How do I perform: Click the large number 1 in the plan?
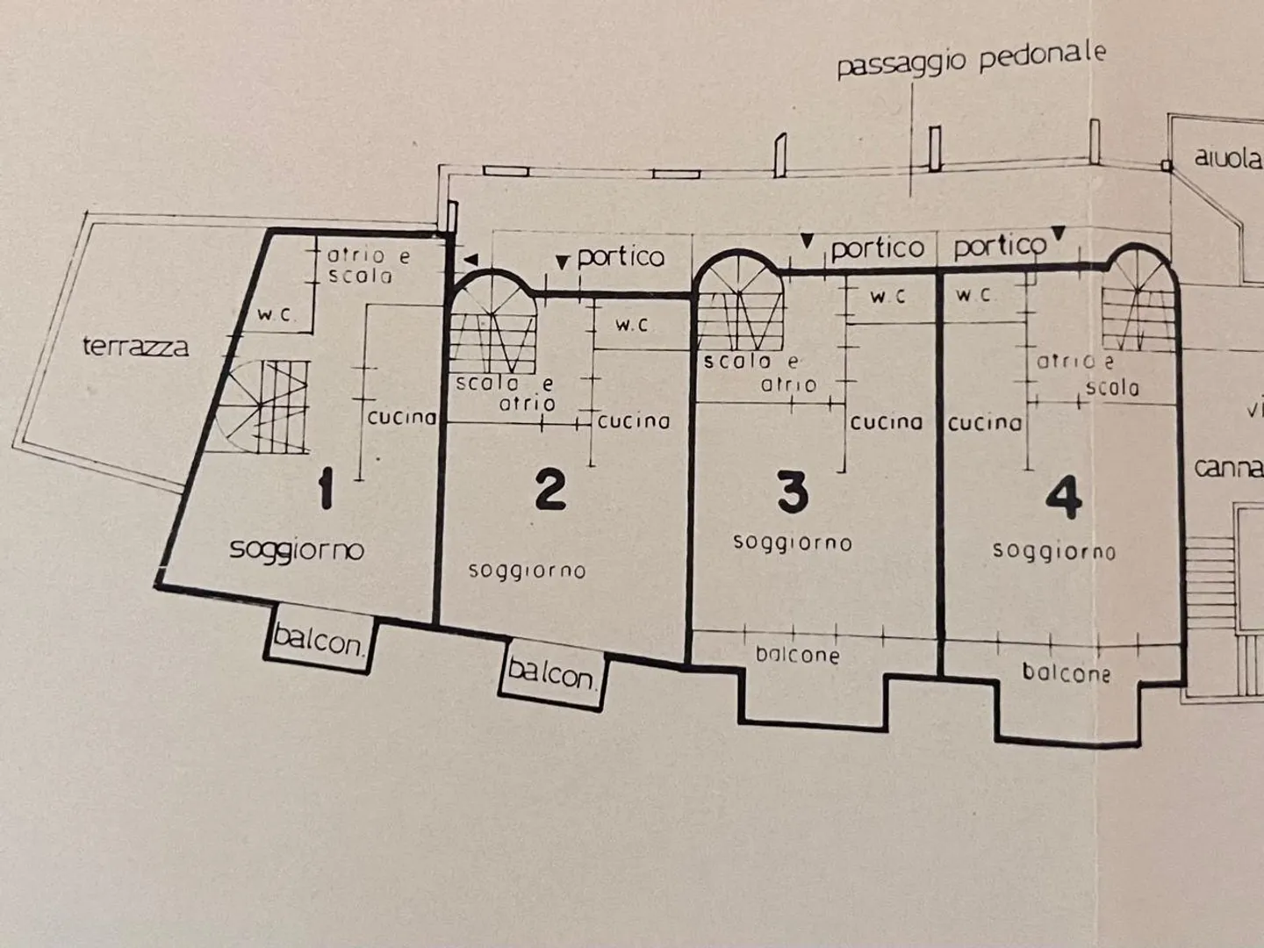(x=326, y=488)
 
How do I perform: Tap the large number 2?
(x=549, y=489)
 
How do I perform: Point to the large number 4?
(x=1063, y=498)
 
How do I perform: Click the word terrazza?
(x=135, y=347)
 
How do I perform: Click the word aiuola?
(x=1227, y=159)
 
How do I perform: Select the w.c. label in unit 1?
(x=276, y=315)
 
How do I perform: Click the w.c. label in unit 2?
(x=631, y=325)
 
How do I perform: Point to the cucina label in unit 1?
(x=402, y=418)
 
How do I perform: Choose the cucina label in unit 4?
(x=985, y=423)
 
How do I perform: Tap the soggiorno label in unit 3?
(x=792, y=542)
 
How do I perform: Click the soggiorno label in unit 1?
(x=297, y=549)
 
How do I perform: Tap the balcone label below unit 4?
(x=1066, y=673)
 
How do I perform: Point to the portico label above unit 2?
(x=621, y=256)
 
